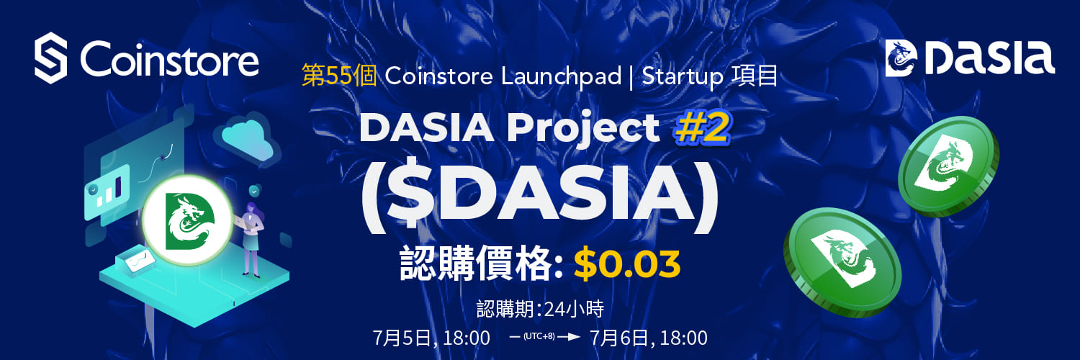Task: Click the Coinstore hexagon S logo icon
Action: (x=50, y=58)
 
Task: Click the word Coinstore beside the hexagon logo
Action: (x=169, y=58)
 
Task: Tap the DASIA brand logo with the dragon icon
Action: (x=970, y=58)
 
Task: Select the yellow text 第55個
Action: (x=339, y=76)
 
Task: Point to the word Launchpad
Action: (x=561, y=76)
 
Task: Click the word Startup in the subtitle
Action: (x=683, y=76)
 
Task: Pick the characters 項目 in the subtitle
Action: (x=755, y=76)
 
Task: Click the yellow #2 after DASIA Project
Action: (x=702, y=128)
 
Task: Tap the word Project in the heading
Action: (x=583, y=129)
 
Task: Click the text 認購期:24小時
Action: (x=540, y=308)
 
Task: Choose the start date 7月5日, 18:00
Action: (x=431, y=338)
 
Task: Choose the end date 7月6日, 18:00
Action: (x=649, y=338)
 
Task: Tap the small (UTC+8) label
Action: (x=539, y=336)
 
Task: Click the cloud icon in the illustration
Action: (x=246, y=140)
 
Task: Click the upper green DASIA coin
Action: (x=948, y=166)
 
